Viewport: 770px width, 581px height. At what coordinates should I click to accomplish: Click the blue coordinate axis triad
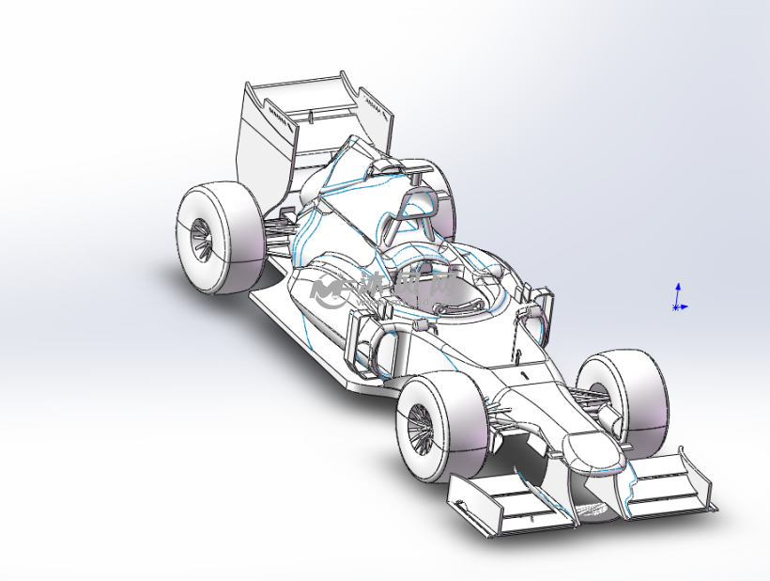pyautogui.click(x=678, y=298)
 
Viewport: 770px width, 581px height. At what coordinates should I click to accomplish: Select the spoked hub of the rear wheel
pyautogui.click(x=200, y=239)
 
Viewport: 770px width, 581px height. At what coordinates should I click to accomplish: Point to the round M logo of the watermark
pyautogui.click(x=331, y=291)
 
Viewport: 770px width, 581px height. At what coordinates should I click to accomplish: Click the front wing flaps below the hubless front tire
pyautogui.click(x=667, y=484)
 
